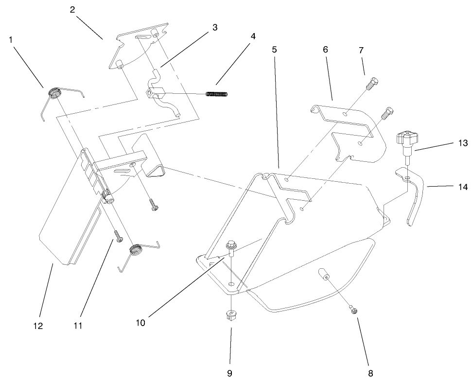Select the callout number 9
[x=230, y=373]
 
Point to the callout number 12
[x=38, y=327]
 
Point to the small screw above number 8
[x=354, y=309]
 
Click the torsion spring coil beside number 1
[x=54, y=92]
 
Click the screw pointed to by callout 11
[x=118, y=236]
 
